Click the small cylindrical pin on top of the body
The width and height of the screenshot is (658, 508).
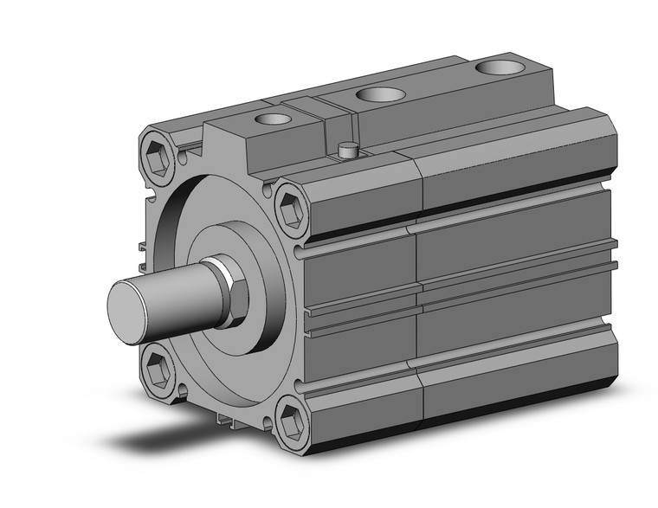[348, 151]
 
